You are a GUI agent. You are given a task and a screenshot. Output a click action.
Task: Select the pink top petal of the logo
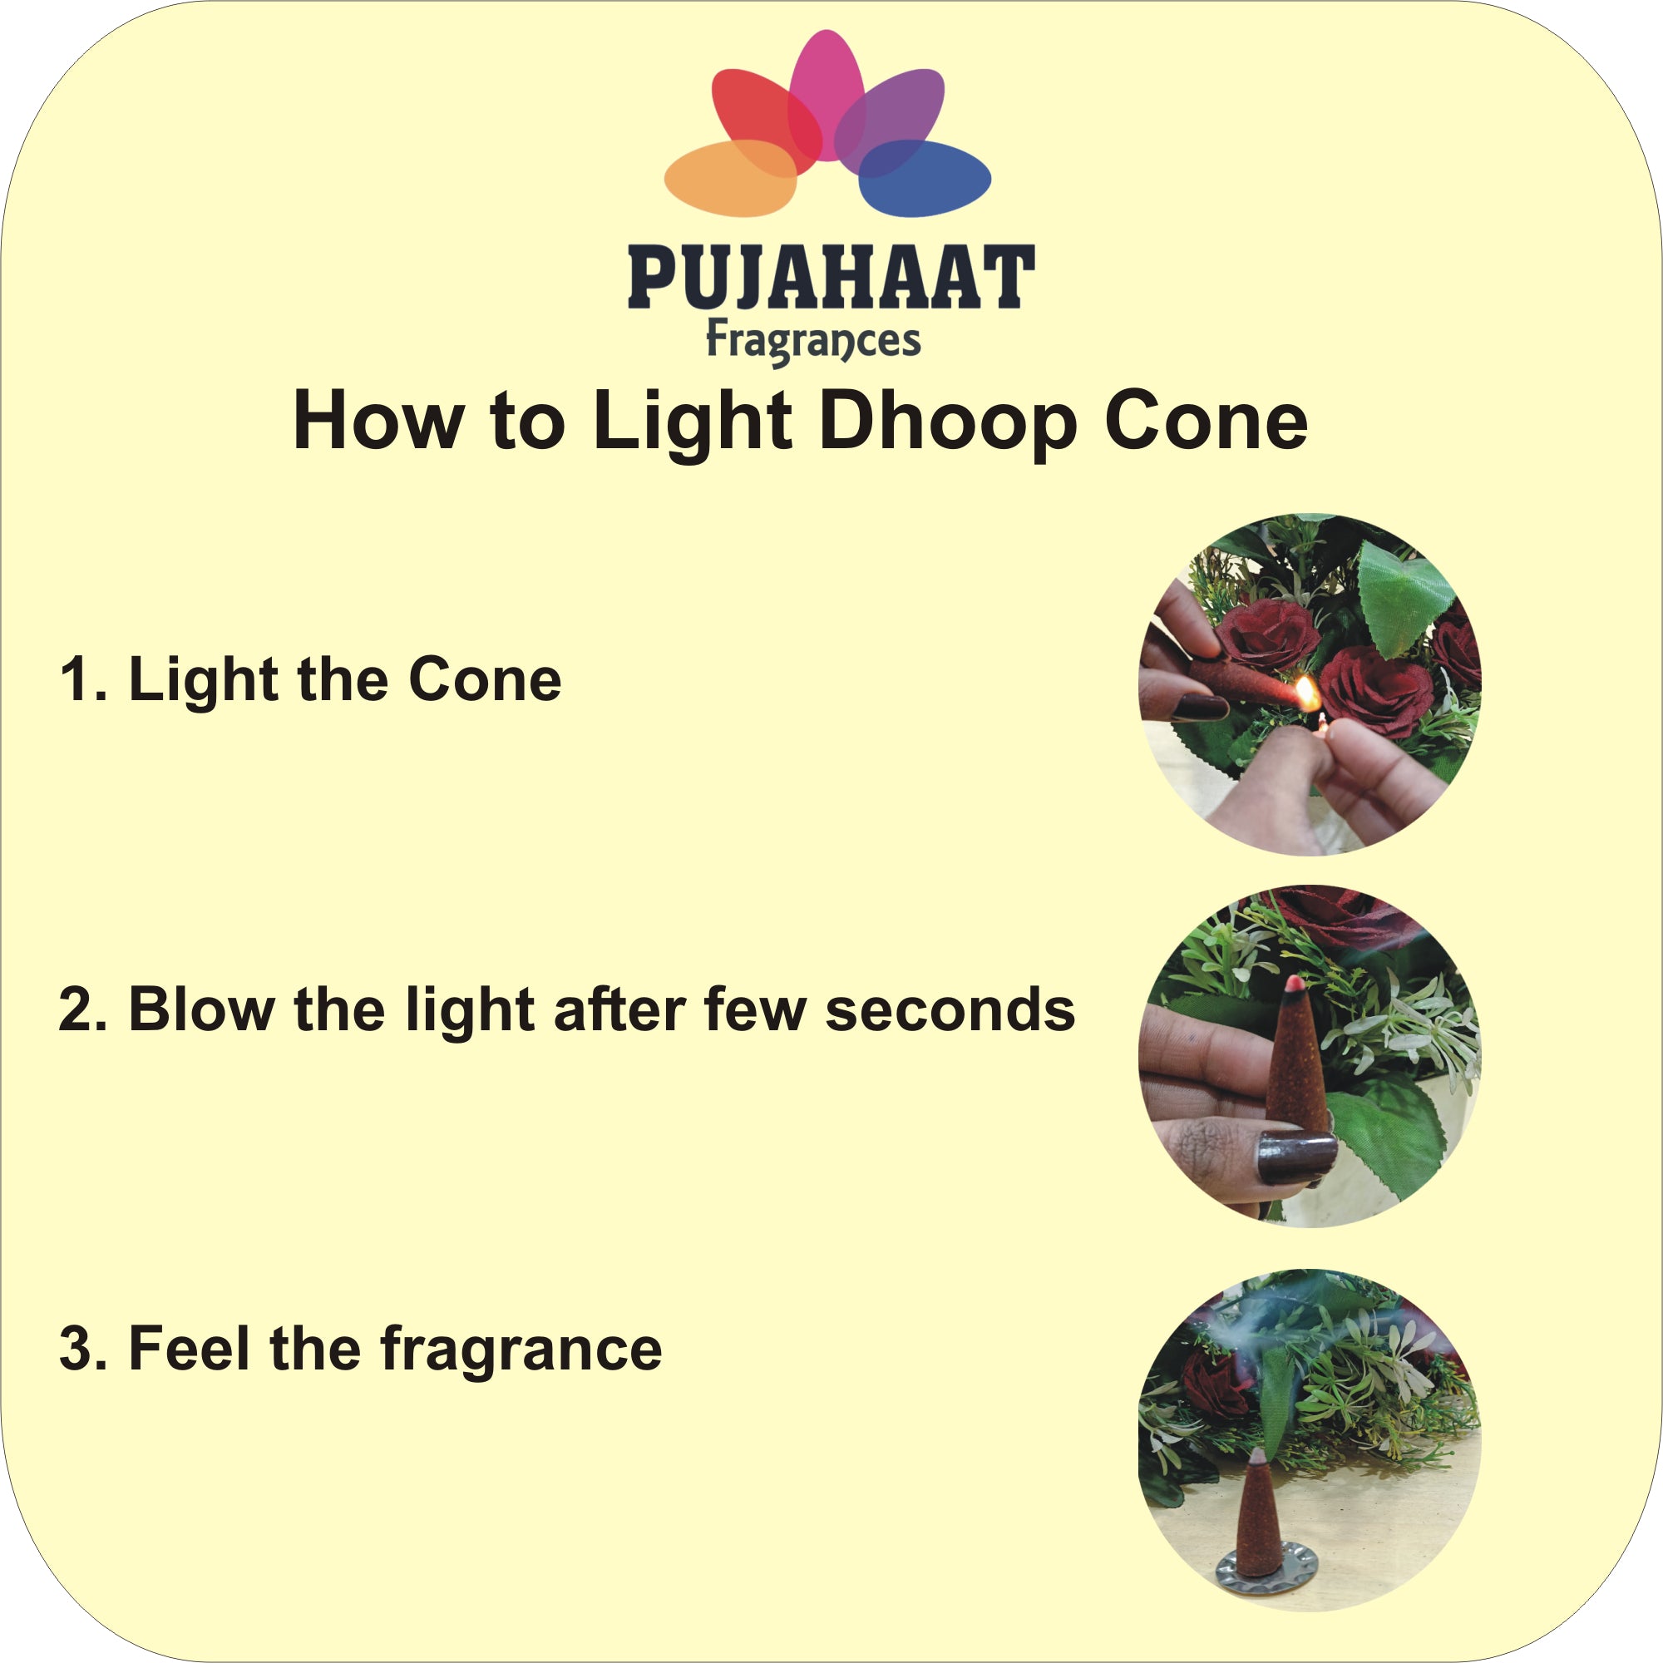tap(827, 95)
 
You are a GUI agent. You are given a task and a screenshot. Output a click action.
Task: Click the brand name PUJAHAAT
tap(831, 276)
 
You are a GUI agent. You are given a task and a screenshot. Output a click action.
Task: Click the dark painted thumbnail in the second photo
tap(1296, 1157)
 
